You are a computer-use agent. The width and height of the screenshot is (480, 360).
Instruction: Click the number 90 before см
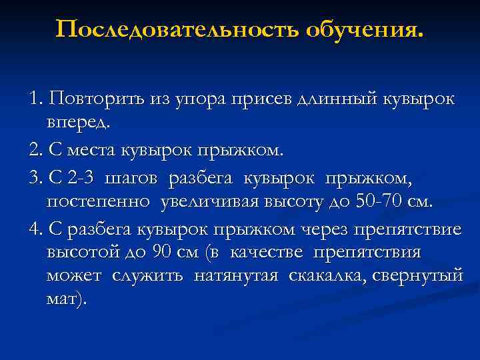point(162,252)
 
